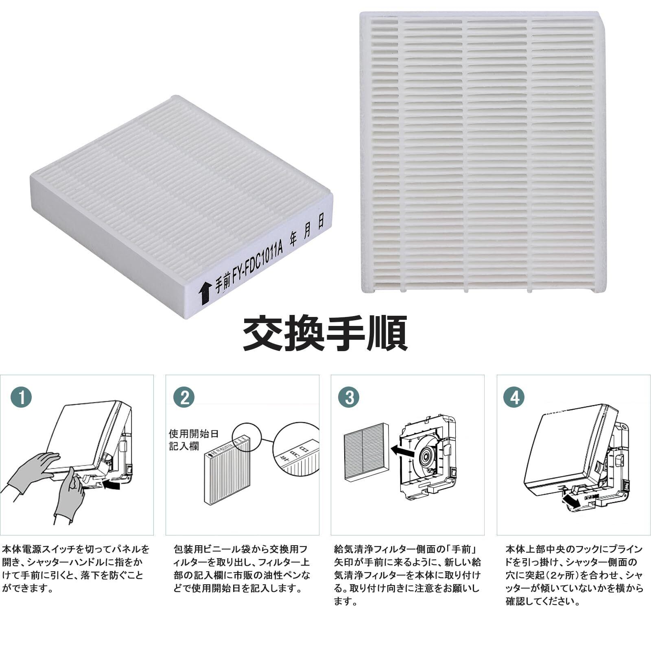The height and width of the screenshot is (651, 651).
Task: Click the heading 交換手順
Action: (x=325, y=334)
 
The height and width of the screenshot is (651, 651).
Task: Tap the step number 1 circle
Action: (x=21, y=397)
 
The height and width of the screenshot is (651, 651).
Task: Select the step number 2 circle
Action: (x=184, y=397)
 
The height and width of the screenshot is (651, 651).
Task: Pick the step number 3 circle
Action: (x=349, y=397)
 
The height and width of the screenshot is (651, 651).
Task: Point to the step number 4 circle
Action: (x=514, y=397)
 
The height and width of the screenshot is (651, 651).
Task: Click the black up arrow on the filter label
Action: (x=205, y=292)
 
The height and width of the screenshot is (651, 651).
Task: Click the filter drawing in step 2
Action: (x=227, y=472)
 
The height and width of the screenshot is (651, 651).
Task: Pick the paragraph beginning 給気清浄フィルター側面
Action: (x=407, y=575)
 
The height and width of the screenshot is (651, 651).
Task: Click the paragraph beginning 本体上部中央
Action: (x=574, y=575)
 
